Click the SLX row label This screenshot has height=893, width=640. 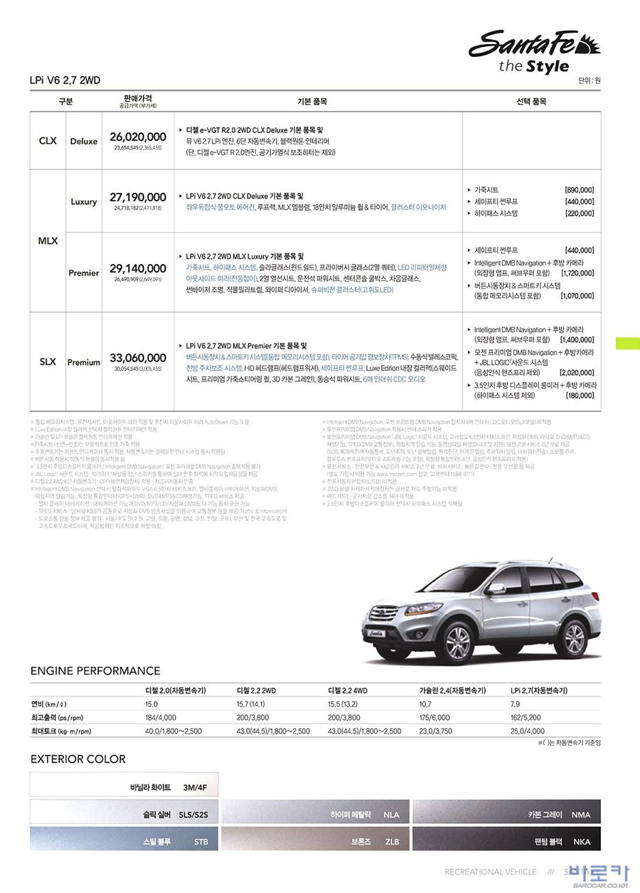point(48,361)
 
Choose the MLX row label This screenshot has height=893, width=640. point(48,241)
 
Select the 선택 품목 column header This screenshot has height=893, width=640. point(530,102)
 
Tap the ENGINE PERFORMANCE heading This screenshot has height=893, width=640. point(95,670)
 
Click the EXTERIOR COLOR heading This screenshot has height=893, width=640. point(78,759)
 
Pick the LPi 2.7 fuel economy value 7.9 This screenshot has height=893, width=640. point(515,704)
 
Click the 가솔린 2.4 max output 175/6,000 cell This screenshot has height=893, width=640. point(434,717)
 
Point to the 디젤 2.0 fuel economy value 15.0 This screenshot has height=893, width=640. point(151,704)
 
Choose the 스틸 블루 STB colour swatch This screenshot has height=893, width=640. point(124,840)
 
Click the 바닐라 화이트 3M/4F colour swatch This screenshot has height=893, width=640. point(124,787)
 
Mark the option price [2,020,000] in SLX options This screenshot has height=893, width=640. point(577,372)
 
